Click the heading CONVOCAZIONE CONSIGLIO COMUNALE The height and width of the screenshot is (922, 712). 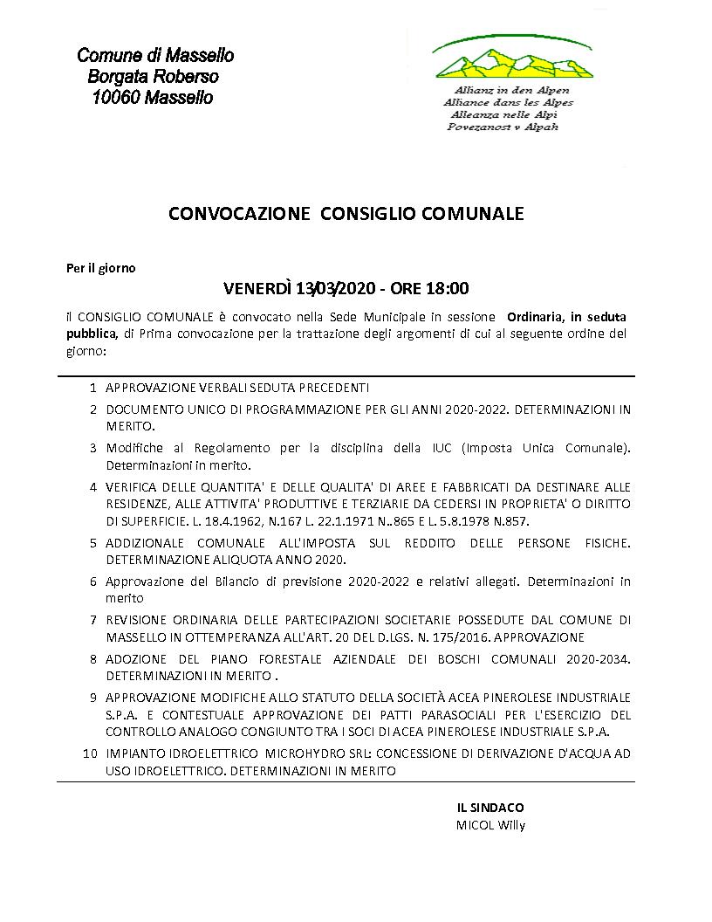[346, 214]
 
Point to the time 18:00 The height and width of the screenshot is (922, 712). [449, 288]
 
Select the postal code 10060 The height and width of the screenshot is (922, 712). [117, 98]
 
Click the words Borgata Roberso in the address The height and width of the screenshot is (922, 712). [154, 77]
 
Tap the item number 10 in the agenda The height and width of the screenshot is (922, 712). [89, 752]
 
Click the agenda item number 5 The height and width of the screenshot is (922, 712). [92, 543]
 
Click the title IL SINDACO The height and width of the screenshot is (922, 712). [489, 807]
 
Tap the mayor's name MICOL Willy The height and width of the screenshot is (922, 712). [490, 824]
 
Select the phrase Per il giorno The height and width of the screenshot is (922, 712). [101, 268]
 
